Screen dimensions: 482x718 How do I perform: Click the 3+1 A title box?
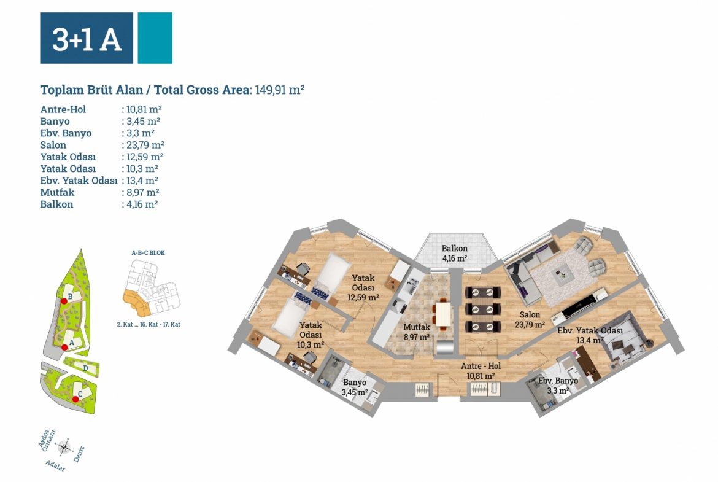[87, 38]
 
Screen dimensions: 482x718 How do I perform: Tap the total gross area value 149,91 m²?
[280, 90]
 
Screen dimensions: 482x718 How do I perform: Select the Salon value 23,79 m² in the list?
[143, 145]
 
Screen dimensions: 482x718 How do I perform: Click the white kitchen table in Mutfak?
[442, 313]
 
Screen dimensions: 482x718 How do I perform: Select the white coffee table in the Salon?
[563, 278]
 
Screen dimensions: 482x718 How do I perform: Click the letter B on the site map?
[71, 297]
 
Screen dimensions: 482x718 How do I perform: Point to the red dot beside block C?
[75, 399]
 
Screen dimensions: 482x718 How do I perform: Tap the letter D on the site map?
[86, 368]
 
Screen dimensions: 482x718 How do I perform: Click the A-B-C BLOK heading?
[149, 252]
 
